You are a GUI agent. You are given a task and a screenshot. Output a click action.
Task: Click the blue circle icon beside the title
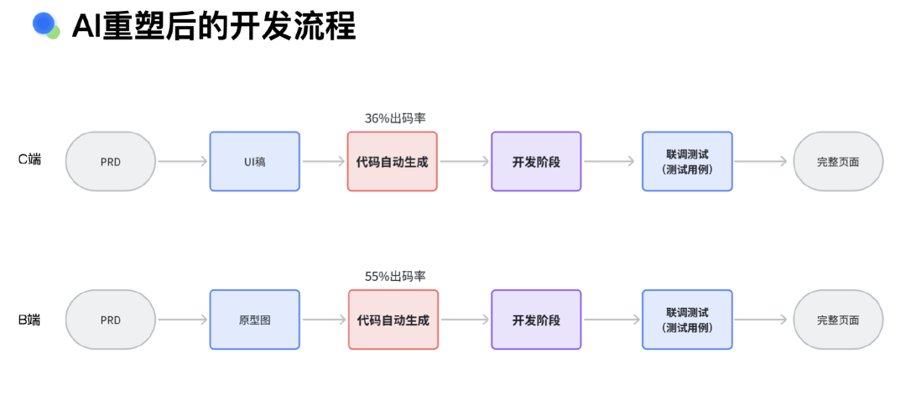point(44,24)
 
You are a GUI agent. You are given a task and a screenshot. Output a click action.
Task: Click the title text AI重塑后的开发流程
point(213,26)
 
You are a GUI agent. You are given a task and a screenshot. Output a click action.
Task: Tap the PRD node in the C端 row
point(110,162)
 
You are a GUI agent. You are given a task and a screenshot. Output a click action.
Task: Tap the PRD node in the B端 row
point(110,320)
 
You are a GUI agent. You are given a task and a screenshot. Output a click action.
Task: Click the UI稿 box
point(254,162)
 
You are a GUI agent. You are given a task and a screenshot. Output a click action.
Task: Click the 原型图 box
point(254,320)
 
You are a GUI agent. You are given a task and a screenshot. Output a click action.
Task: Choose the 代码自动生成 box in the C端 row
point(392,162)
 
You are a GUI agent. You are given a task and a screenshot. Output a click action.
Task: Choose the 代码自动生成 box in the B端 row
point(392,320)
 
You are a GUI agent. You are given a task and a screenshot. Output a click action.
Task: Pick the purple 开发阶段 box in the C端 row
point(536,162)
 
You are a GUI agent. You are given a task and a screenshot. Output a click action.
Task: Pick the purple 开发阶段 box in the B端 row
point(536,320)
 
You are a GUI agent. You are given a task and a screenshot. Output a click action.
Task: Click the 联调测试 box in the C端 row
point(686,162)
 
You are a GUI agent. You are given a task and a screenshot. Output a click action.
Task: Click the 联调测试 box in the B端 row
point(686,320)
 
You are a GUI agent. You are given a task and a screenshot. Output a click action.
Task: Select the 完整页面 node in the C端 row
point(838,162)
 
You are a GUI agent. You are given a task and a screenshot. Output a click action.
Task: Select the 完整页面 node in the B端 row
point(838,320)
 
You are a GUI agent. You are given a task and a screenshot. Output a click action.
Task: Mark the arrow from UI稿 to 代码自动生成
point(323,162)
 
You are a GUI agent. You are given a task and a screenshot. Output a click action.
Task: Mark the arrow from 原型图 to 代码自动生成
point(323,320)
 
